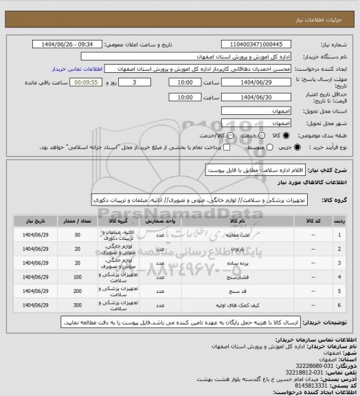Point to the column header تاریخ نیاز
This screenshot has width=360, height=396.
coord(34,221)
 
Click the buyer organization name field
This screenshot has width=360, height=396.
coord(221,57)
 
